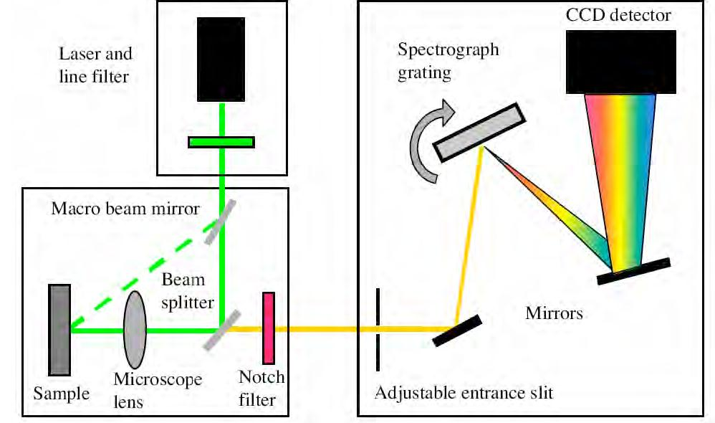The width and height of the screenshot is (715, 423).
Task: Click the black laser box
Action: [x=221, y=59]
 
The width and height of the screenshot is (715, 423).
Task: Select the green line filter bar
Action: [x=221, y=142]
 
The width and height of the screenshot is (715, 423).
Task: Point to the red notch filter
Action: [x=269, y=328]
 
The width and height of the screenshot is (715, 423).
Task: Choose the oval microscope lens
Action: [x=135, y=329]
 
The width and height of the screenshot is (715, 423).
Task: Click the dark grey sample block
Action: [x=60, y=329]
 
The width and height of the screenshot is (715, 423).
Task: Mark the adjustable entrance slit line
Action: [x=378, y=329]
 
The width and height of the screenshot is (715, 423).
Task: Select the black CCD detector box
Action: [x=621, y=62]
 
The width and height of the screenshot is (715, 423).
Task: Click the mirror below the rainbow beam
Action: [x=633, y=271]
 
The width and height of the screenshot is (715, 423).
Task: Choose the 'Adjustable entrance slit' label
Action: [x=464, y=393]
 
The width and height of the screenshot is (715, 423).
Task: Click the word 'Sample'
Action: [x=61, y=394]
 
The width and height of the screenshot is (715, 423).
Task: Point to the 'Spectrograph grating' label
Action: [x=448, y=62]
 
